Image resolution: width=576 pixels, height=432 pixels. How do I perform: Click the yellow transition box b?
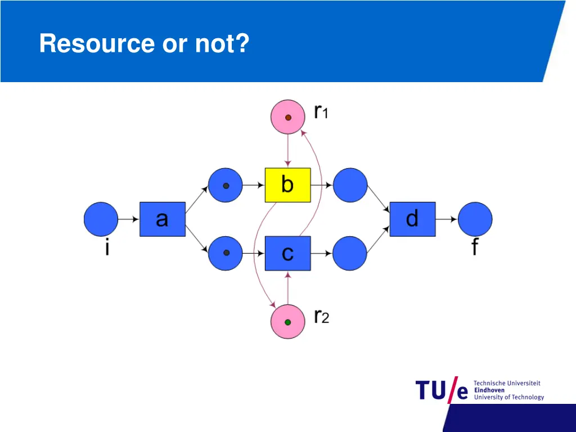(287, 185)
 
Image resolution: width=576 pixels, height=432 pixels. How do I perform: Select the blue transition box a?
(162, 219)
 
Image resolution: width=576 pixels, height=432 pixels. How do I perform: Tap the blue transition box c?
(287, 253)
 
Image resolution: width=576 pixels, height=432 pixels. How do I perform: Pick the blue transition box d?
(412, 219)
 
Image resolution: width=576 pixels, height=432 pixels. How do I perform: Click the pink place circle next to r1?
(287, 117)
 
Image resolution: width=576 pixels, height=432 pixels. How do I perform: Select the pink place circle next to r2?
(287, 322)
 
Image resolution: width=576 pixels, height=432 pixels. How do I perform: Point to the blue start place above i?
(101, 219)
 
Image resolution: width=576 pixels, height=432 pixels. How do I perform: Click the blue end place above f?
(475, 219)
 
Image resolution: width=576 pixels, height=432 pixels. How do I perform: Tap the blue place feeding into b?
(226, 185)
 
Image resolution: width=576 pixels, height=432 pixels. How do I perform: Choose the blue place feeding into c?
(226, 253)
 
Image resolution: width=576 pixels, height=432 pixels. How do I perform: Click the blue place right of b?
(350, 185)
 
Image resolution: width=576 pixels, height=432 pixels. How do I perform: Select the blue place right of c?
(350, 253)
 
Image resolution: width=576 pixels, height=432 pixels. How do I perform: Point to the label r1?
(321, 112)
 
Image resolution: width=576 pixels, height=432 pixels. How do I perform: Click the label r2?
(321, 317)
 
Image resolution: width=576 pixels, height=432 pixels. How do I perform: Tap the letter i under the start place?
(107, 247)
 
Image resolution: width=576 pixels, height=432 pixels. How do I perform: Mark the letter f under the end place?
(475, 247)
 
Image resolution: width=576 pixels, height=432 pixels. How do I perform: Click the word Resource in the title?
(98, 44)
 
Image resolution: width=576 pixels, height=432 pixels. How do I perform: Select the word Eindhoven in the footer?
(489, 390)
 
